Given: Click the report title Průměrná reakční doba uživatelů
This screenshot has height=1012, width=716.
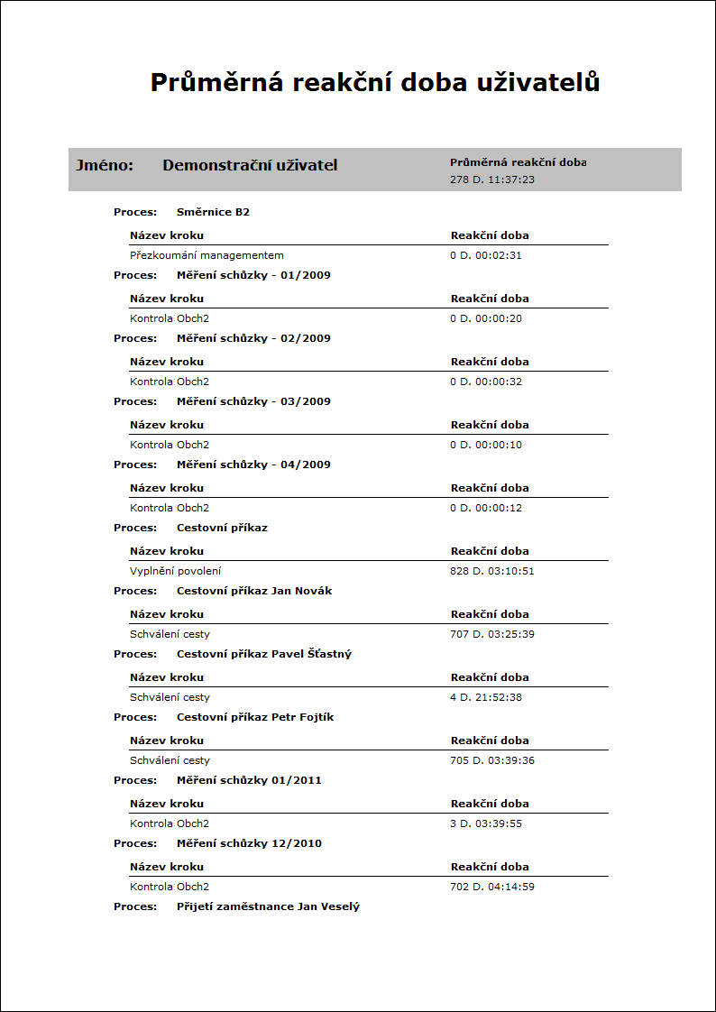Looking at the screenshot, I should click(x=374, y=83).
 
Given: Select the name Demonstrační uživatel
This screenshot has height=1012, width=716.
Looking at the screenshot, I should click(x=250, y=166).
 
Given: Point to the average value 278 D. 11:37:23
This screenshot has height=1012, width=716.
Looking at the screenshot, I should click(x=492, y=179).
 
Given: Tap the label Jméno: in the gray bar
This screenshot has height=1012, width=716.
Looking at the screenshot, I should click(x=105, y=166).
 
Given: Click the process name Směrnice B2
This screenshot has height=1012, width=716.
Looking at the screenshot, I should click(x=213, y=212).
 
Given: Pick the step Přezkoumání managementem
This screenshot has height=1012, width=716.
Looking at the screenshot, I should click(x=207, y=255).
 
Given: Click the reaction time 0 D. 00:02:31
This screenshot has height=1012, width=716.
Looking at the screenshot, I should click(x=486, y=255).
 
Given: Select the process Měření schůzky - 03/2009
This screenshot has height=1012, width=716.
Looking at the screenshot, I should click(x=253, y=401).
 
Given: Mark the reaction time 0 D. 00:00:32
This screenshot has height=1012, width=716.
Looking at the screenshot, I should click(x=486, y=382).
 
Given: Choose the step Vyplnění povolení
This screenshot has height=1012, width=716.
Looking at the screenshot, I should click(x=175, y=571).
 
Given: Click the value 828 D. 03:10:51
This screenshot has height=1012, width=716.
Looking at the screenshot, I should click(x=492, y=571).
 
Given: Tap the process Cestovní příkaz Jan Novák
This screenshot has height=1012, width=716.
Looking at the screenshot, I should click(x=254, y=591).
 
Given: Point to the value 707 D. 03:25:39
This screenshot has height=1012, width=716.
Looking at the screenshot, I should click(x=492, y=634).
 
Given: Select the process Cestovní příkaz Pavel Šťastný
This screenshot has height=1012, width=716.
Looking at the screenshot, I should click(x=264, y=654).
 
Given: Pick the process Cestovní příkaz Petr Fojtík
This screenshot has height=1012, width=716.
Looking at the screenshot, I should click(x=255, y=717).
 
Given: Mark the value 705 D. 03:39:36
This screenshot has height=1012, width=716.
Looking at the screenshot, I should click(x=492, y=760).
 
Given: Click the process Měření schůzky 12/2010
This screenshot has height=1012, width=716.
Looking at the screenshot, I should click(x=249, y=843).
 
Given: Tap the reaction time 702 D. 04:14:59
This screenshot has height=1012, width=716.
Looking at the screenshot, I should click(x=492, y=887).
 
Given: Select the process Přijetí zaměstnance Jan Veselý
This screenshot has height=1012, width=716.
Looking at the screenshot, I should click(x=268, y=906).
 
